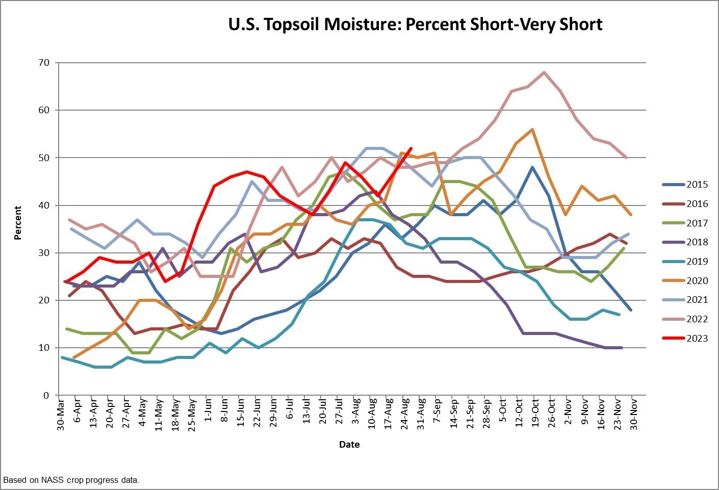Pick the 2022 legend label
click(697, 319)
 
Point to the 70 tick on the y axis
click(43, 63)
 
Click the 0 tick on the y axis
click(46, 395)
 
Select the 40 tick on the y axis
click(43, 205)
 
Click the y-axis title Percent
click(18, 223)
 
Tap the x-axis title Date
click(349, 445)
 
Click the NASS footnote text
click(71, 480)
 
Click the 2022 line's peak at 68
click(545, 72)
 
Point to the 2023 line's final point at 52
click(411, 148)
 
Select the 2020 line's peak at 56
click(532, 130)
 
